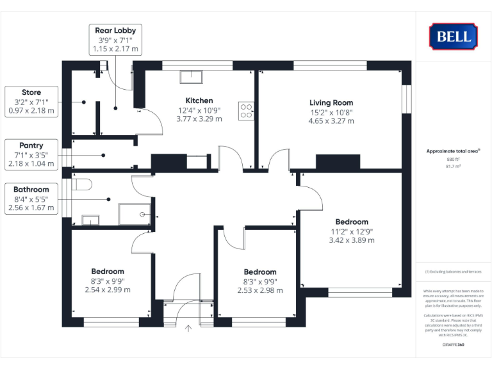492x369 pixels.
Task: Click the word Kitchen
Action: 199,101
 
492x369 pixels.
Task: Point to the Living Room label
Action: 331,102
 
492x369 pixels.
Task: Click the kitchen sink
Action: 191,77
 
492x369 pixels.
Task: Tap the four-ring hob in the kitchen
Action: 246,110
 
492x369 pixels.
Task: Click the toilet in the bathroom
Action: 81,184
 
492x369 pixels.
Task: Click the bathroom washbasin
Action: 91,221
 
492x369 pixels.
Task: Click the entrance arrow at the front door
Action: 188,329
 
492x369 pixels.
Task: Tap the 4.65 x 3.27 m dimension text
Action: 331,120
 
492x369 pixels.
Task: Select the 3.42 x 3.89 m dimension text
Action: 351,240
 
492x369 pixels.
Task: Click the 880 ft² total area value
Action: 454,160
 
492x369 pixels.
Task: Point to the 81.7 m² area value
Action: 454,166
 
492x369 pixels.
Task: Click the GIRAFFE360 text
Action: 454,345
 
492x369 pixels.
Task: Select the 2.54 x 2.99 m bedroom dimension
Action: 108,290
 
